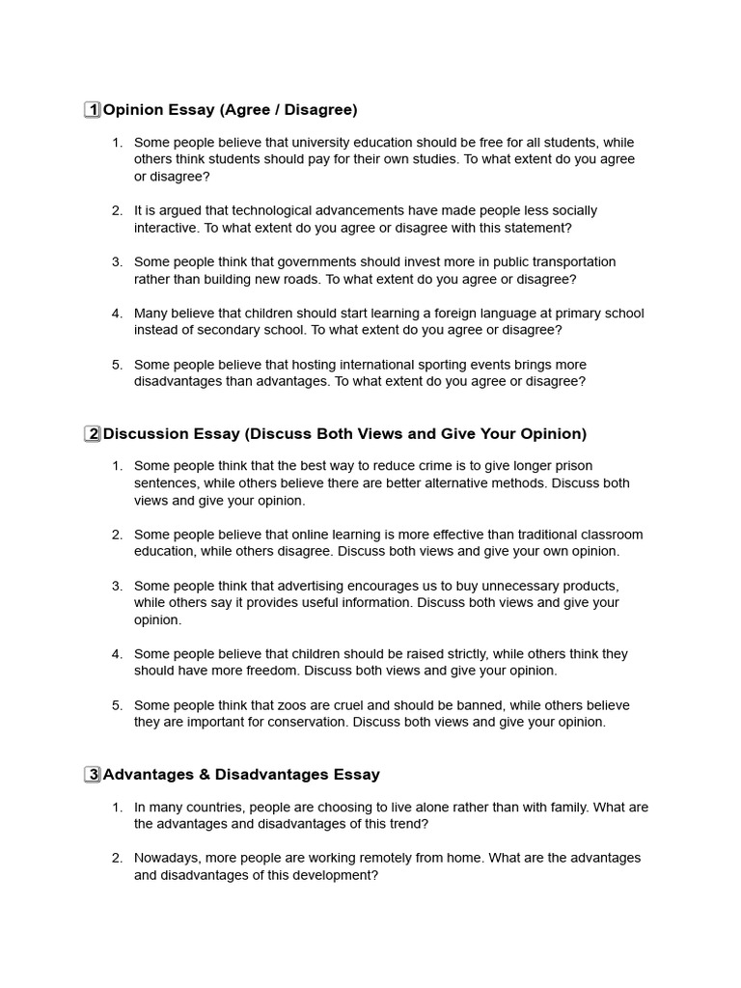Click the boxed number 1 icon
point(93,110)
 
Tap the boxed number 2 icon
point(93,434)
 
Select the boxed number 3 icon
point(93,775)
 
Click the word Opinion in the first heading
point(133,110)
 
